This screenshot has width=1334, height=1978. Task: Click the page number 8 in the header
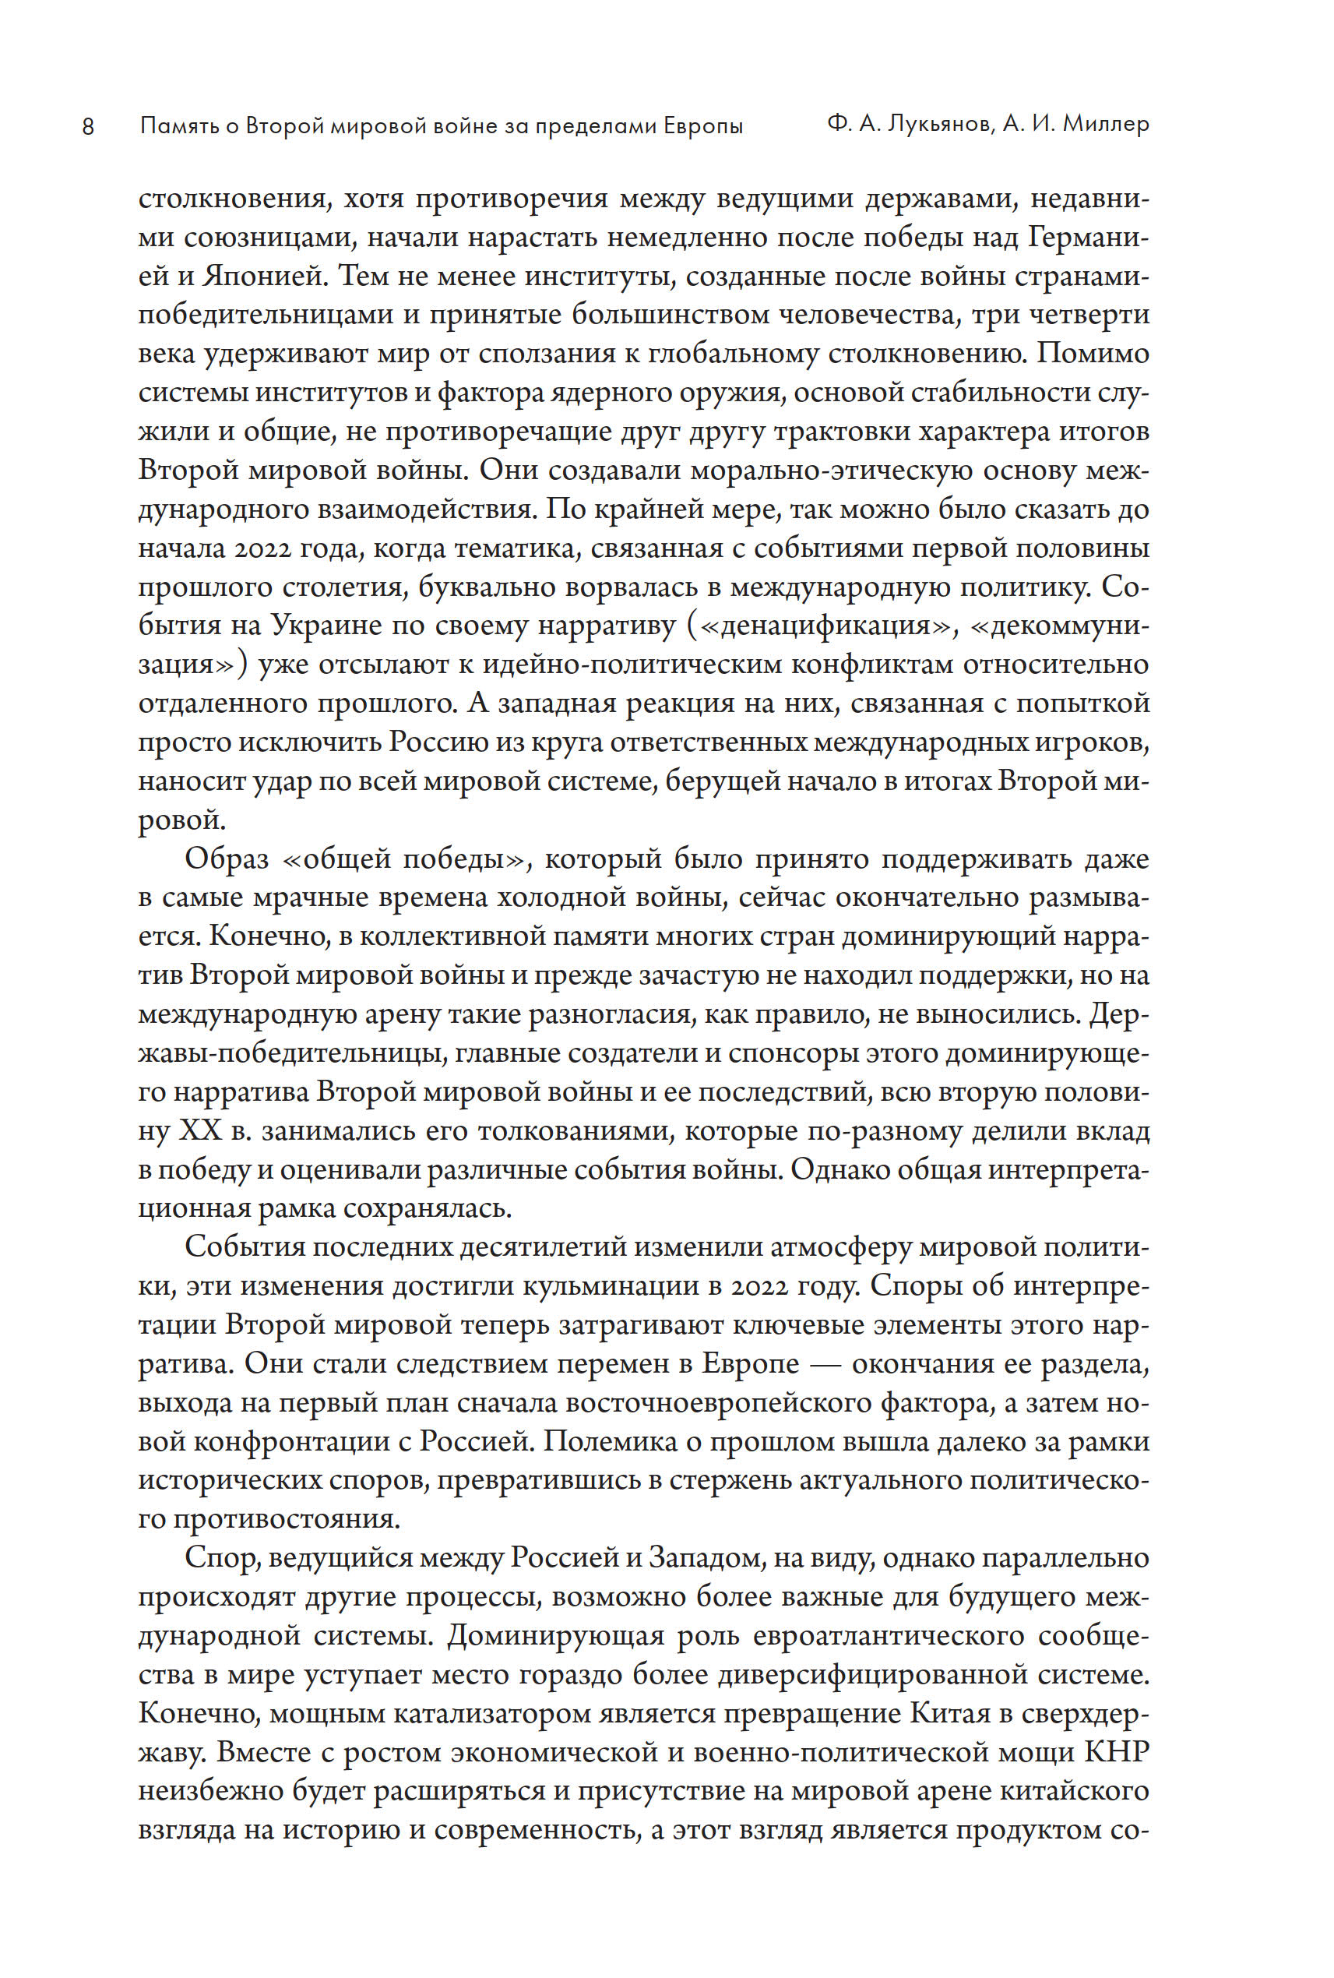tap(88, 128)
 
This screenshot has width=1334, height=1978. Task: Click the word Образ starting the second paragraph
tap(227, 859)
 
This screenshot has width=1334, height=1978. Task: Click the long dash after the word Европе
tap(825, 1364)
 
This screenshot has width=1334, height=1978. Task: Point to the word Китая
tap(950, 1713)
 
